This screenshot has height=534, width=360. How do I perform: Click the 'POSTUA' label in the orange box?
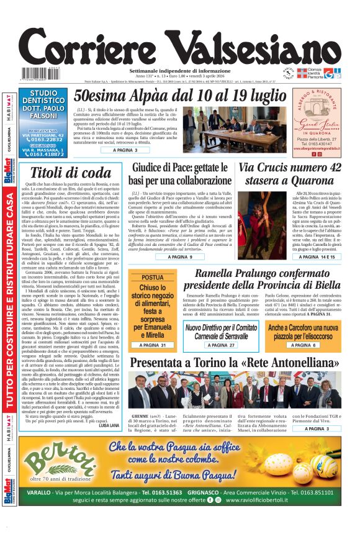(153, 278)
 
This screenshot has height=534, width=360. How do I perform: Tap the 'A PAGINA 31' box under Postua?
(153, 345)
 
